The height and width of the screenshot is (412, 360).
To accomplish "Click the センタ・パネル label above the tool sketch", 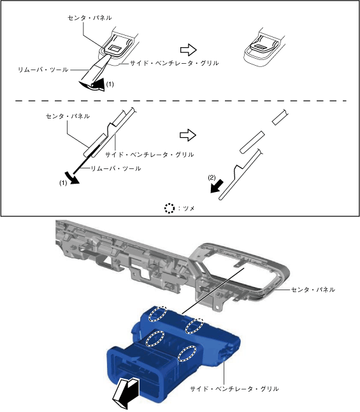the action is click(x=90, y=18).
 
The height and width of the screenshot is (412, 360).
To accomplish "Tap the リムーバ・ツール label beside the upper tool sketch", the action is click(x=43, y=70).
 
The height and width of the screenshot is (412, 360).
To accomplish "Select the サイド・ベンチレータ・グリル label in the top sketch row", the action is click(x=175, y=63).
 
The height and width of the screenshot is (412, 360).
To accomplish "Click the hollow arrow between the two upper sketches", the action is click(x=188, y=50).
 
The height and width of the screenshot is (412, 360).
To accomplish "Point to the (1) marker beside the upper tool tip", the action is click(x=110, y=84).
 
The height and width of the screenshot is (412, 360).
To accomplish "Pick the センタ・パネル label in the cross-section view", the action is click(x=68, y=116).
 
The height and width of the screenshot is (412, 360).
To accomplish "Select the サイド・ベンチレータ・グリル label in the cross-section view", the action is click(x=149, y=154).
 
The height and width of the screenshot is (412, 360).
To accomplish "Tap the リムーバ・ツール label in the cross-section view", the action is click(x=116, y=168).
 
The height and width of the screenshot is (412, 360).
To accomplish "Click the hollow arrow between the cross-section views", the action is click(x=188, y=135).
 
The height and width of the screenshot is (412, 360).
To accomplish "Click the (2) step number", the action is click(x=212, y=178).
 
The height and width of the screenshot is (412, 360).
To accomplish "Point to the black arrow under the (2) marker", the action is click(x=217, y=186).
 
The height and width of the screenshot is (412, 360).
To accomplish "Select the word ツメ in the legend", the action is click(x=189, y=209).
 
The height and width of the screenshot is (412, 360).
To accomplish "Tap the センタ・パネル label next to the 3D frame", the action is click(x=313, y=290).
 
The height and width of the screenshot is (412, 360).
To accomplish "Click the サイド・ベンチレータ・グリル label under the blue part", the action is click(x=234, y=389).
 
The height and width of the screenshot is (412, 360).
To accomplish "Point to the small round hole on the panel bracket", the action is click(x=217, y=307).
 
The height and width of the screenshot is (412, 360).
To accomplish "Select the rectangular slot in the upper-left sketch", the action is click(x=115, y=48).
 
